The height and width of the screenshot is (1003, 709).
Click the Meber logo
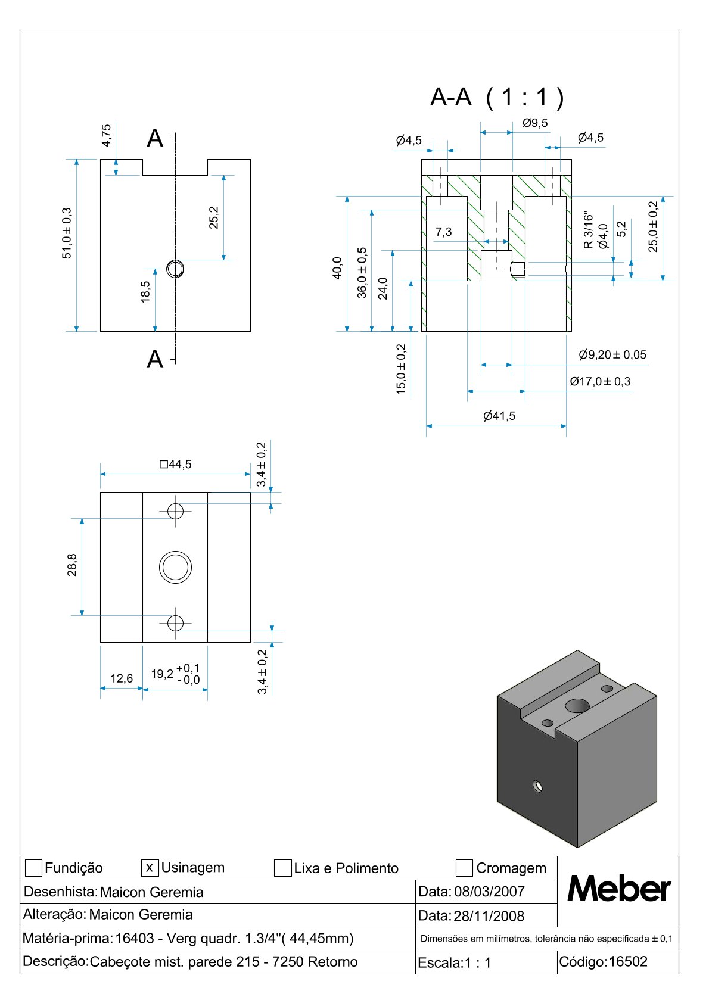[x=618, y=889]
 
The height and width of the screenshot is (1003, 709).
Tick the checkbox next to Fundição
[x=34, y=868]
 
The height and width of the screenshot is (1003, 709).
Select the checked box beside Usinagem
[x=150, y=868]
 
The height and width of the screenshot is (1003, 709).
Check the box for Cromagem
[x=464, y=868]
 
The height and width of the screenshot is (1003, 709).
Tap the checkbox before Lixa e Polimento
[x=282, y=868]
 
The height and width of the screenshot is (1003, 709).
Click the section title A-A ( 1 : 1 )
[x=497, y=97]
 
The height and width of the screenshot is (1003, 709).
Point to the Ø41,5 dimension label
[x=499, y=416]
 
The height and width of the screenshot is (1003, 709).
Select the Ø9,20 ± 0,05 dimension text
[x=612, y=355]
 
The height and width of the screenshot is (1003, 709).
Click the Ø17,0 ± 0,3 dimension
[x=600, y=382]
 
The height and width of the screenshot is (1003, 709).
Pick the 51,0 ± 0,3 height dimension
[x=67, y=233]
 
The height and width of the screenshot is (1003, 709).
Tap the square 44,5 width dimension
[x=176, y=465]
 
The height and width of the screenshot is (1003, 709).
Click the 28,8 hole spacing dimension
[x=72, y=565]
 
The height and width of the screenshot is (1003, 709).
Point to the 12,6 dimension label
[x=122, y=678]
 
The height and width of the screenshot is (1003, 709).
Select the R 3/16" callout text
[x=589, y=229]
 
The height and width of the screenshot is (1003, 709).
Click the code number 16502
[x=627, y=962]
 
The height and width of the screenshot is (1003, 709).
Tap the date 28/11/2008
[x=489, y=916]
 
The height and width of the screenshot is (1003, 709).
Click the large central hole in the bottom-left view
[x=175, y=566]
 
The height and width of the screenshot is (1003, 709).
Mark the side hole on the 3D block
[x=538, y=786]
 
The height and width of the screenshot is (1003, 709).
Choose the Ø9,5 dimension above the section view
[x=535, y=123]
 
